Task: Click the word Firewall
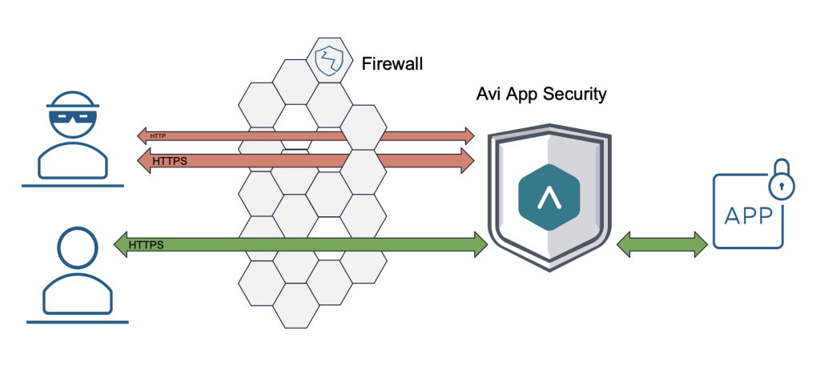tap(392, 62)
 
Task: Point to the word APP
tap(749, 216)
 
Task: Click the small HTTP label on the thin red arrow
tap(158, 136)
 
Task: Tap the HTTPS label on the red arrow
tap(169, 161)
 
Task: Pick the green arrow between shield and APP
tap(661, 244)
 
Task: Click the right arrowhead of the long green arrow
tap(480, 244)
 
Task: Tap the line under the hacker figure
tap(72, 186)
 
